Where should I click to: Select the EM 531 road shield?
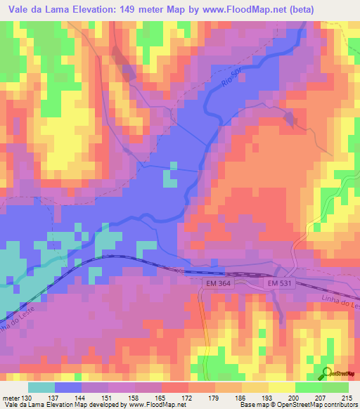[280, 283]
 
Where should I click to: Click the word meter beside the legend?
[11, 396]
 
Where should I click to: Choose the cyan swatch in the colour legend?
[41, 387]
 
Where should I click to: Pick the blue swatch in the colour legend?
[68, 387]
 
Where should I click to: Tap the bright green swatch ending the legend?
[335, 387]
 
